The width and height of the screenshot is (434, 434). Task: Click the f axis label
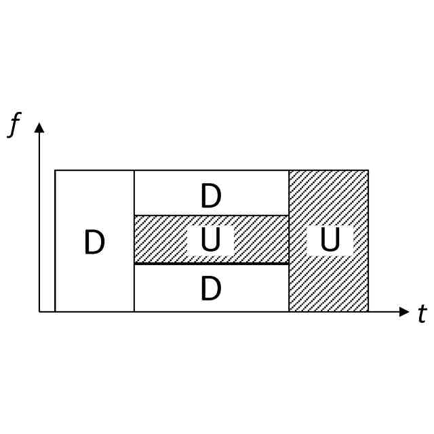point(14,125)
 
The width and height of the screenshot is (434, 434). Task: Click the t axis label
point(422,314)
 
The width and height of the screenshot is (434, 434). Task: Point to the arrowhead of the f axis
point(39,127)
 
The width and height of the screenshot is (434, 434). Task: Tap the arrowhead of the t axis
point(405,312)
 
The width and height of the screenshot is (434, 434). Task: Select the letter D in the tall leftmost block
point(94,243)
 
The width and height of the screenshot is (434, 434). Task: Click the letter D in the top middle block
point(211,197)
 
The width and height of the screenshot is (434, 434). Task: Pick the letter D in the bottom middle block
point(211,290)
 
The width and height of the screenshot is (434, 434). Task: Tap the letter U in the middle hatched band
point(210,241)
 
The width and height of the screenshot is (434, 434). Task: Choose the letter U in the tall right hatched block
point(330,241)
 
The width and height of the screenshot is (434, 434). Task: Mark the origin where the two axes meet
point(39,312)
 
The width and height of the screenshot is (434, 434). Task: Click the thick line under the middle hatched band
point(211,263)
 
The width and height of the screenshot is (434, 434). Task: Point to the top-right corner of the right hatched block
point(368,170)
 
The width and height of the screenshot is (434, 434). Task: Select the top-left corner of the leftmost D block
point(55,170)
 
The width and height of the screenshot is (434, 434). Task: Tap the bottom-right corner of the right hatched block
point(368,312)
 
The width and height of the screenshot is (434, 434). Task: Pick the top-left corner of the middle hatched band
point(134,216)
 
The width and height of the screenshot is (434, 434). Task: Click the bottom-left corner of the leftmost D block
point(55,312)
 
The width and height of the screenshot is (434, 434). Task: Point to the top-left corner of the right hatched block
point(289,170)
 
